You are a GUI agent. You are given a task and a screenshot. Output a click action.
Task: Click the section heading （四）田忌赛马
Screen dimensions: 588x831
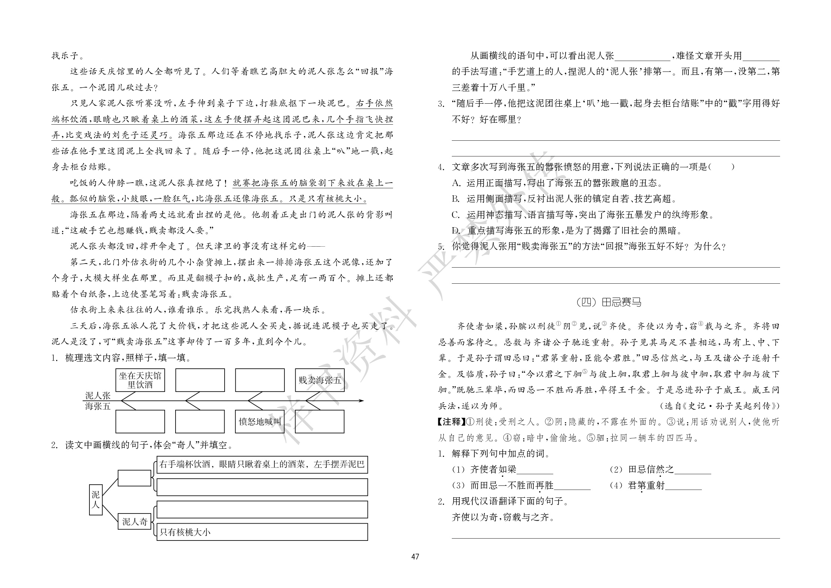[609, 302]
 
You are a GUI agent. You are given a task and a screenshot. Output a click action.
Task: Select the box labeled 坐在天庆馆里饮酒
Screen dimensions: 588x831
[140, 380]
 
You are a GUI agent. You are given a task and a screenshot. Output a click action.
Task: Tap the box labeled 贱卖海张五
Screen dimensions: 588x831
[320, 380]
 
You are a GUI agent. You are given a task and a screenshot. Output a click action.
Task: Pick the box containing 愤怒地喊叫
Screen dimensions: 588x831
[260, 422]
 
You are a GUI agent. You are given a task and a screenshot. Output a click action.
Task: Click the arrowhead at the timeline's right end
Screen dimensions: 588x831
[361, 401]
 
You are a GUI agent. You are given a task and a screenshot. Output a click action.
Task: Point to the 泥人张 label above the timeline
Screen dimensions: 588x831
[98, 396]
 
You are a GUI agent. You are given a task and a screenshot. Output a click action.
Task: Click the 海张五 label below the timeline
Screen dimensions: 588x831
[98, 406]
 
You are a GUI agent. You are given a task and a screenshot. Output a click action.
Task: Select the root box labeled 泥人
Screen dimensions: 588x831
[96, 500]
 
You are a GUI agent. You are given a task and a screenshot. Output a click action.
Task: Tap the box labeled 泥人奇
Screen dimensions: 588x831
[135, 522]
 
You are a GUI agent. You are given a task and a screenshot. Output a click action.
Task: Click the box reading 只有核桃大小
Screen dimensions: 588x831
[262, 532]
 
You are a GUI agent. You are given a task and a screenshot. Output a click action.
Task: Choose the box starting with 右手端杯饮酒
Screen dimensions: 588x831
[262, 465]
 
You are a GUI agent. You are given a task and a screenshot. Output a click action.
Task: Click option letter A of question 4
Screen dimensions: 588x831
[456, 183]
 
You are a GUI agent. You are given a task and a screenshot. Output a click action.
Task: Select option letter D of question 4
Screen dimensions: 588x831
[456, 231]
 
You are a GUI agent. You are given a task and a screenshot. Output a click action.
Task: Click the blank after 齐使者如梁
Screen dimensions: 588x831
[535, 470]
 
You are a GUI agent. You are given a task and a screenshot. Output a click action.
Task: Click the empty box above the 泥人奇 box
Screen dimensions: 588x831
[135, 478]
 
